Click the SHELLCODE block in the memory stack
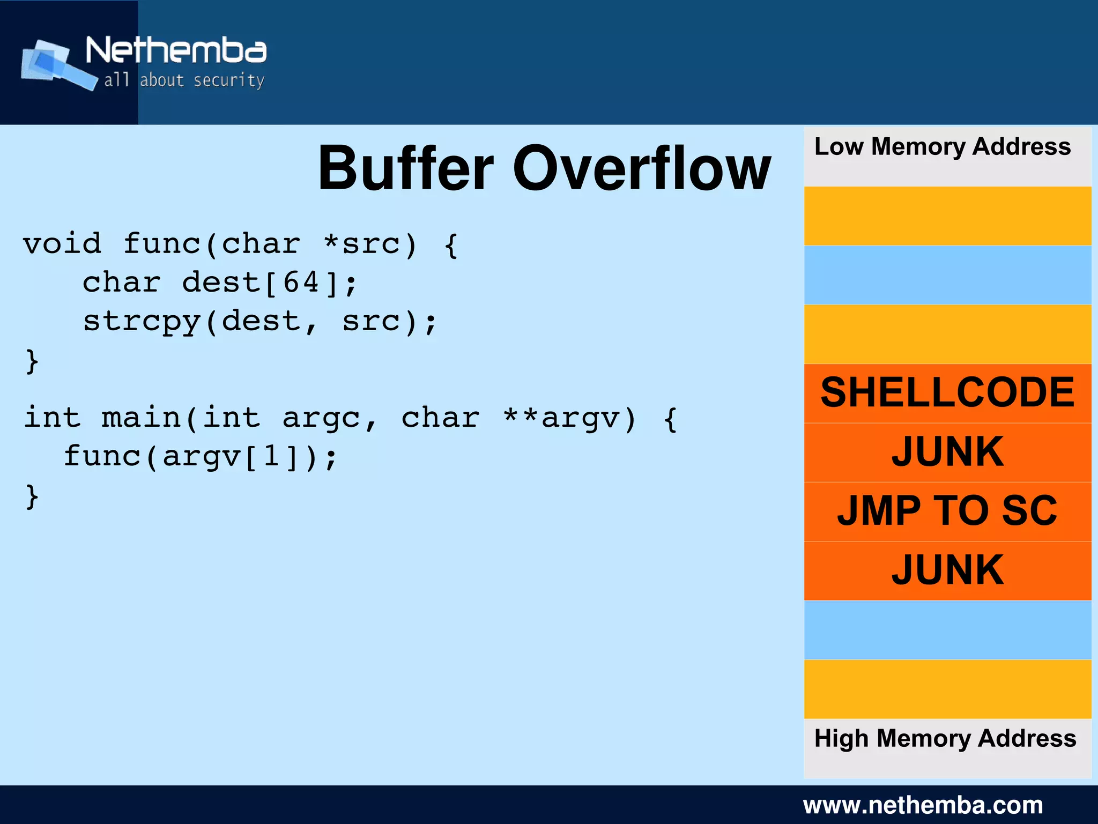click(947, 393)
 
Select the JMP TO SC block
click(947, 511)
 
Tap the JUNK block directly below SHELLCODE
click(947, 452)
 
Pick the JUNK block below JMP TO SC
click(947, 570)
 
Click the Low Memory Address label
click(942, 147)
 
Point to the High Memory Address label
click(945, 739)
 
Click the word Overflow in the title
click(641, 169)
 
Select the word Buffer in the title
click(405, 169)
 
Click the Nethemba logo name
click(176, 50)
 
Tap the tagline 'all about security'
click(184, 80)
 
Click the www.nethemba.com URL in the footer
click(923, 805)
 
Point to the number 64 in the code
click(301, 282)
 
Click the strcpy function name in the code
click(142, 322)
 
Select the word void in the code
click(62, 244)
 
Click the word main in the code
click(141, 418)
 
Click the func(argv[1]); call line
click(201, 457)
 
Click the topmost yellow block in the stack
click(947, 216)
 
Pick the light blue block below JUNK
click(947, 630)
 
